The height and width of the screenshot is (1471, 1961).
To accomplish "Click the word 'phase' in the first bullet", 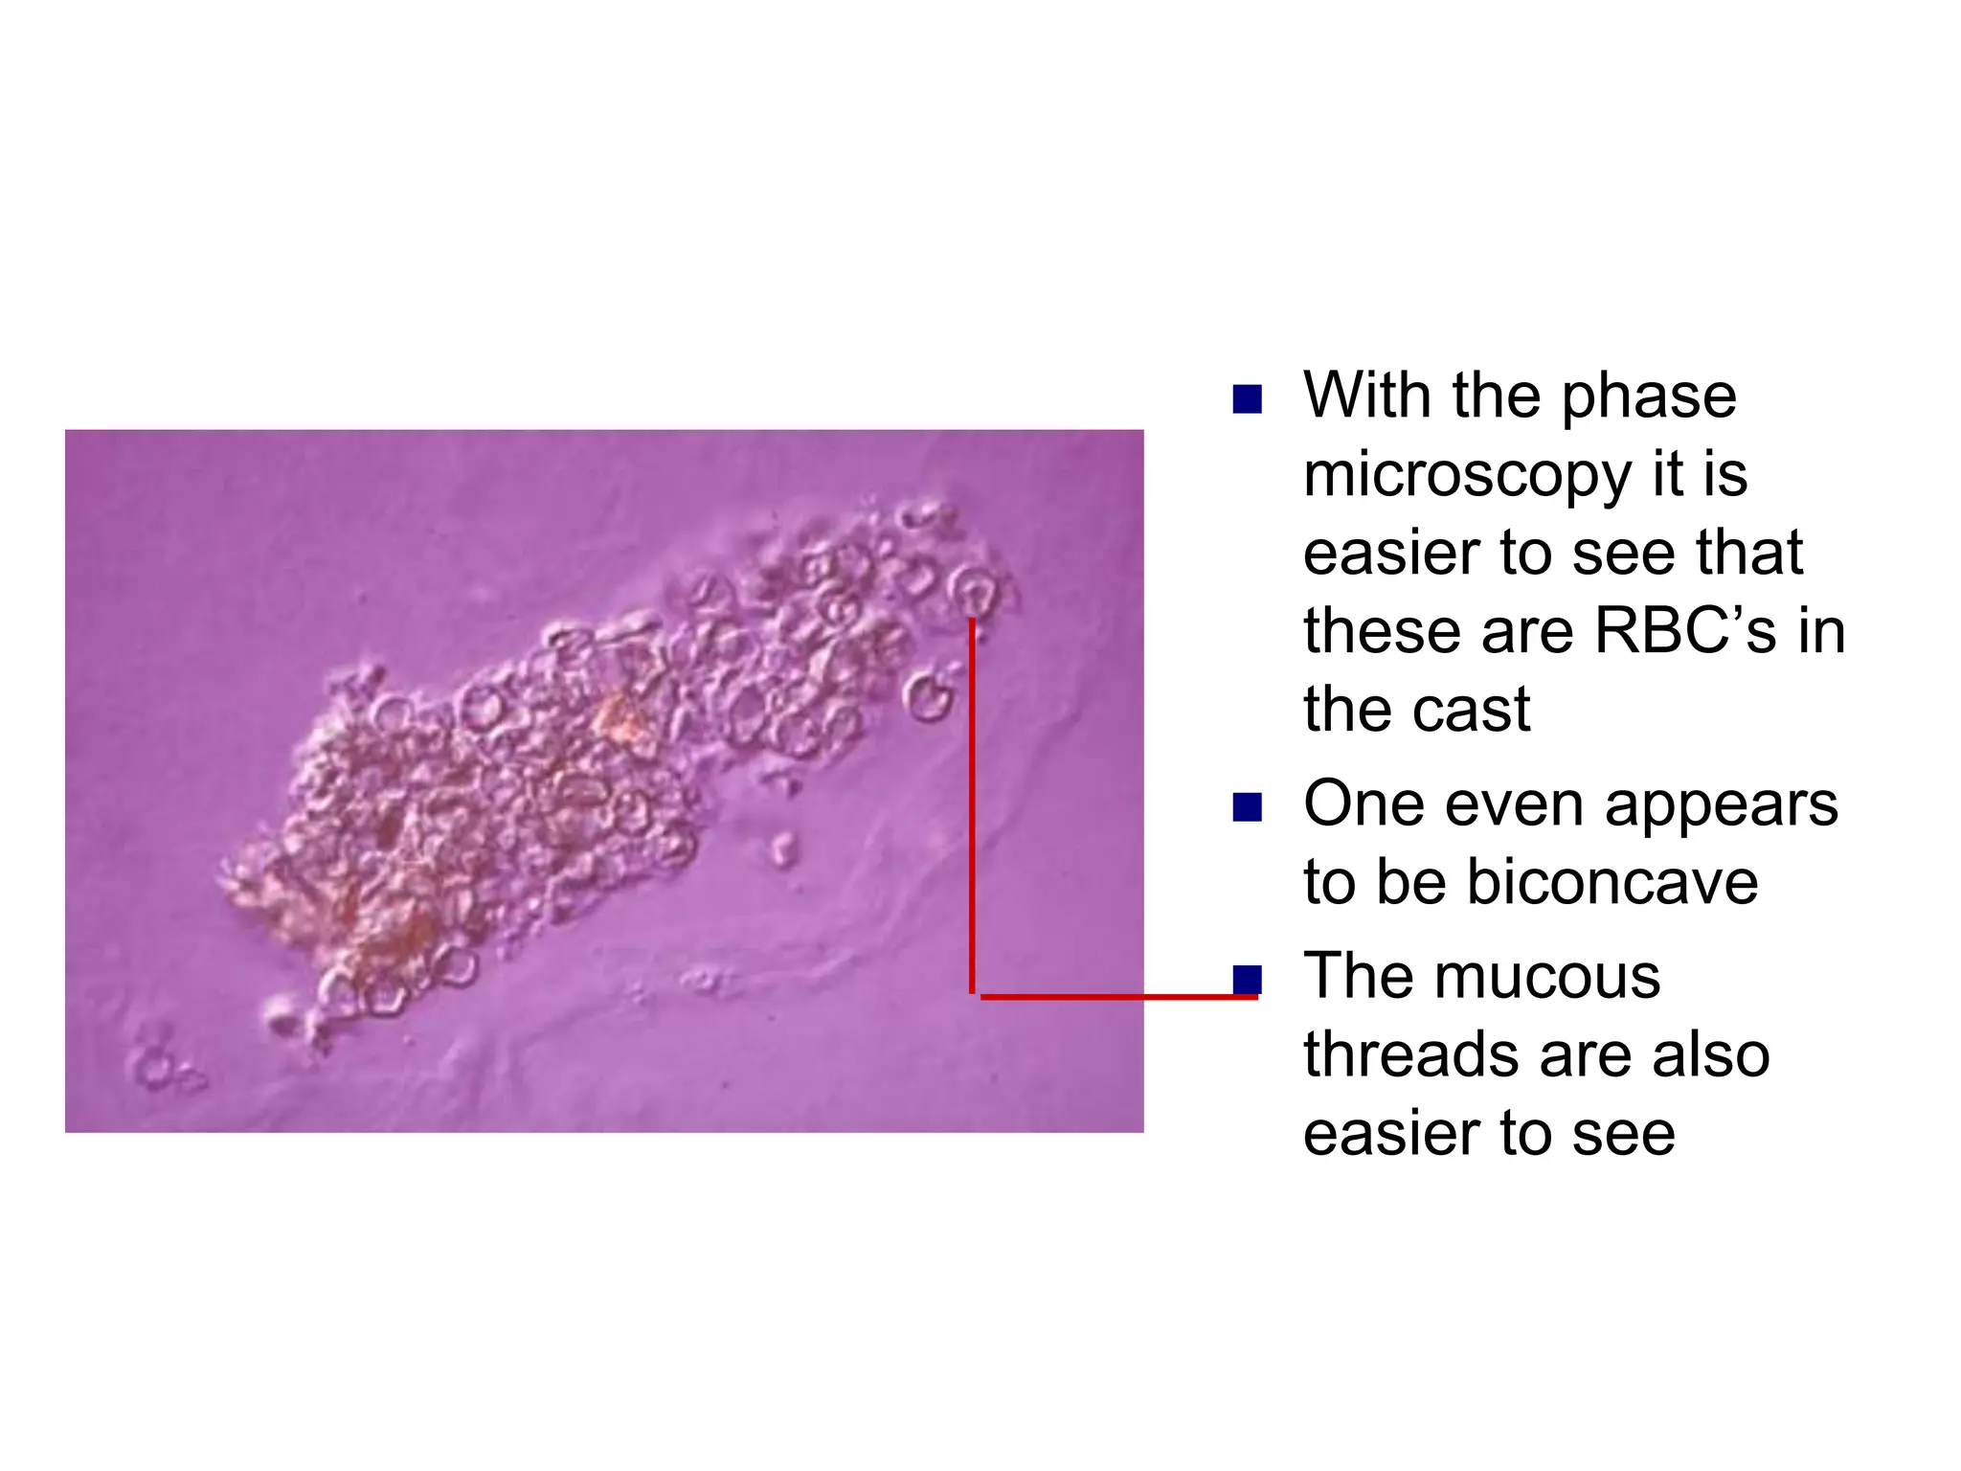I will (x=1648, y=397).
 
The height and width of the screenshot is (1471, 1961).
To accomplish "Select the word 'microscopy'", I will (x=1464, y=476).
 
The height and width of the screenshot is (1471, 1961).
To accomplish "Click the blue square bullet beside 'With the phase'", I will (x=1247, y=399).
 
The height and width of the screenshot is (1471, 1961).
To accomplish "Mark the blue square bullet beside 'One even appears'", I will (x=1247, y=807).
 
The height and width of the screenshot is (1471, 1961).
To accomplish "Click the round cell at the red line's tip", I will (x=973, y=591).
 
